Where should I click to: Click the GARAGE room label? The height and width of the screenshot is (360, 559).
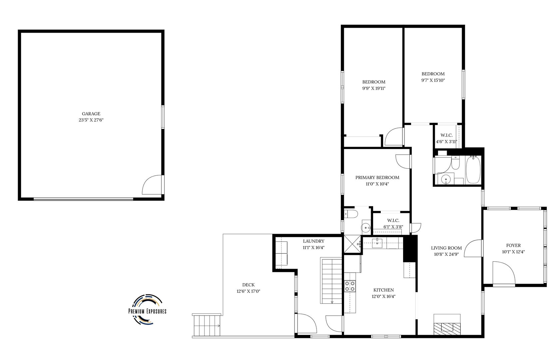pos(91,114)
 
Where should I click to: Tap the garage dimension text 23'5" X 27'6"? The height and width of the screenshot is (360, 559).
pos(91,120)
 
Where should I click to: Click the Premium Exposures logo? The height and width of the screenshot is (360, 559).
pos(147,310)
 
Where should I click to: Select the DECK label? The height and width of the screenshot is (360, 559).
pos(249,285)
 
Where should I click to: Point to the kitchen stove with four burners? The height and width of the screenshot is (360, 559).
pos(350,286)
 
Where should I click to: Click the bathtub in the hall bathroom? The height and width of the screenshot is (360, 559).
pos(473,170)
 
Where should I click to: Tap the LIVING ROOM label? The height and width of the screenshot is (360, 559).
pos(446,248)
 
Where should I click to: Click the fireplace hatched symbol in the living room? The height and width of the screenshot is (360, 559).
pos(447,329)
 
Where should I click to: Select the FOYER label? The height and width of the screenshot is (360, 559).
pos(513,245)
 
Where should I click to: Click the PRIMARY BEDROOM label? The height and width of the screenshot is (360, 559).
pos(377,178)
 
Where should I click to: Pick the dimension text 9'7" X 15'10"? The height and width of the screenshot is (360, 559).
pos(433,80)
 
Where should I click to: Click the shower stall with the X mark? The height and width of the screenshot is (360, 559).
pos(352,244)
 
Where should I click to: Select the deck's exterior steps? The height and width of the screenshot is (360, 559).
pos(207,325)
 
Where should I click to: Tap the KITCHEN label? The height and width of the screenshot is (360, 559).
pos(383,290)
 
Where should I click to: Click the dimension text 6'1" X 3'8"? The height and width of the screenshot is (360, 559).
pos(393,227)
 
